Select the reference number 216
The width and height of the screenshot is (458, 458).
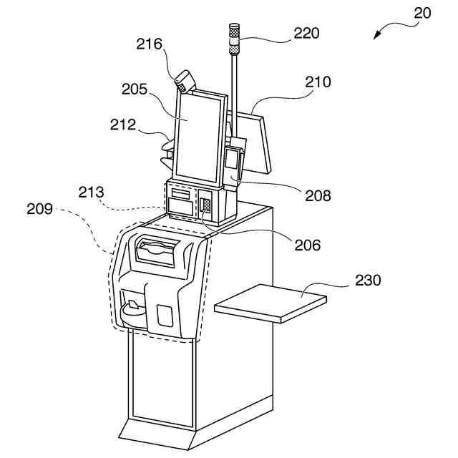pyautogui.click(x=150, y=44)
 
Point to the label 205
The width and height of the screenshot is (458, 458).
pyautogui.click(x=135, y=90)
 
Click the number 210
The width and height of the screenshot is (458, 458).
pyautogui.click(x=317, y=82)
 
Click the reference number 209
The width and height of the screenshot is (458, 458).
pyautogui.click(x=40, y=210)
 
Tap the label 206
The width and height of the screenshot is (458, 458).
pyautogui.click(x=306, y=245)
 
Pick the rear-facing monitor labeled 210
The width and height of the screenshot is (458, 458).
pyautogui.click(x=258, y=143)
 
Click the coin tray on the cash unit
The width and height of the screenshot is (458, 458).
pyautogui.click(x=132, y=309)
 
